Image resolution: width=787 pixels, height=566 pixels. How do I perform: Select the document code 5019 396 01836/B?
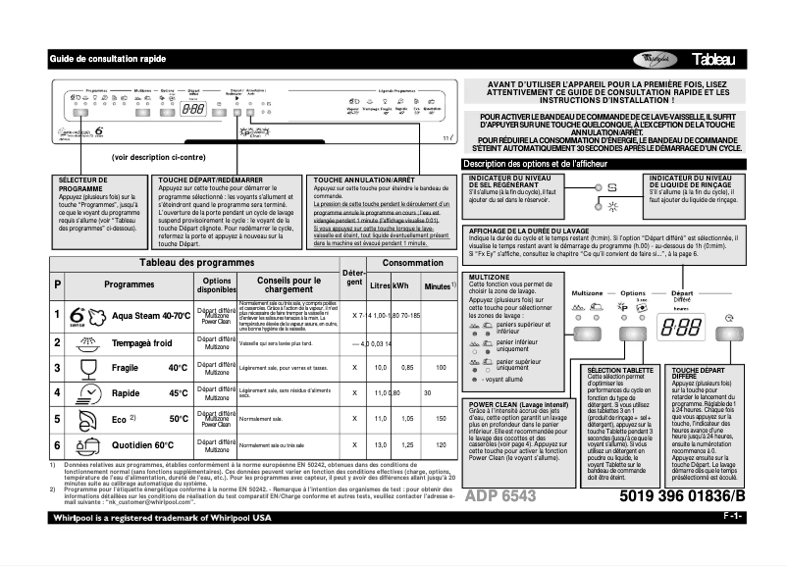(x=682, y=496)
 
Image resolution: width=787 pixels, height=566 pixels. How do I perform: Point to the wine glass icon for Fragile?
(x=83, y=368)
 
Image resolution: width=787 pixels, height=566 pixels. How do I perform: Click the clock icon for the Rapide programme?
(x=83, y=393)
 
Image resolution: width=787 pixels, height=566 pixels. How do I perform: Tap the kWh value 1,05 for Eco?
(x=401, y=419)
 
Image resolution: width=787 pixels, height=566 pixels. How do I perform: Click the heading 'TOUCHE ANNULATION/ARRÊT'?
(x=364, y=180)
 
